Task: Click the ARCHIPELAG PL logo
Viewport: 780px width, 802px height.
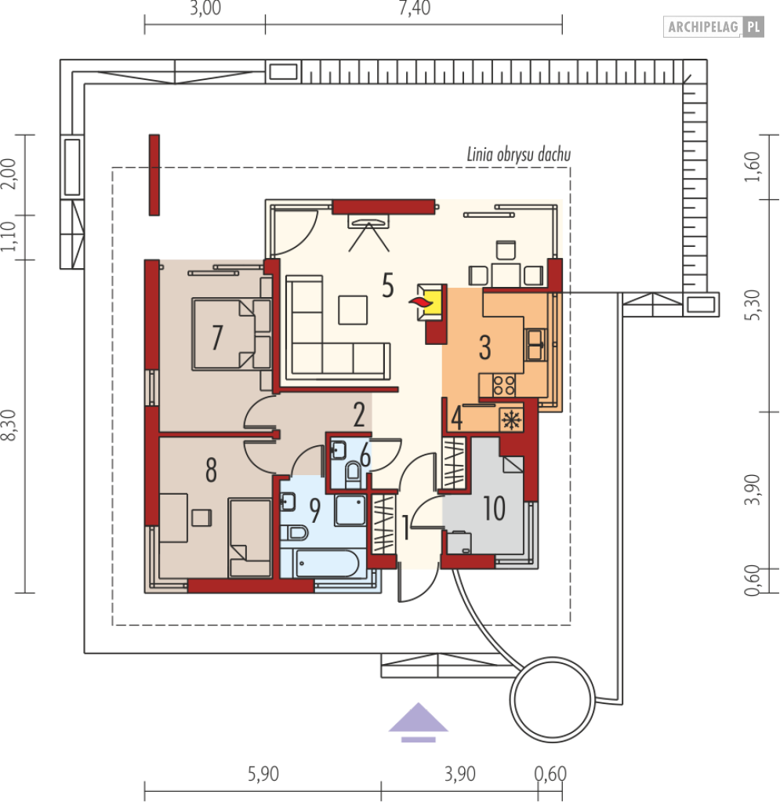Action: pos(713,27)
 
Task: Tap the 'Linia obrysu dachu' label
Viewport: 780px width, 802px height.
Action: pos(519,154)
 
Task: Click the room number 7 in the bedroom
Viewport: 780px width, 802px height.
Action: pos(217,338)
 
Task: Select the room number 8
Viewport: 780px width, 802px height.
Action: pos(211,470)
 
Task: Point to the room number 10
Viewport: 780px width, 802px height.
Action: pos(494,509)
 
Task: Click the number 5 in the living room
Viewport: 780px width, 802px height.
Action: pos(388,285)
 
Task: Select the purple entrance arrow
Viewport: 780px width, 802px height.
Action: pos(419,722)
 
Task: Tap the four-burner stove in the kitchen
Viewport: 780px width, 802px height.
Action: pos(504,386)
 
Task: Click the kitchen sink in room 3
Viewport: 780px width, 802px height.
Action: pos(535,345)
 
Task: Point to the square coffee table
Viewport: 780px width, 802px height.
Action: pos(353,310)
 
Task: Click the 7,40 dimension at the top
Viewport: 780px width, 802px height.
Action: pos(414,8)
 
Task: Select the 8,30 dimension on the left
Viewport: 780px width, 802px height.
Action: pos(9,425)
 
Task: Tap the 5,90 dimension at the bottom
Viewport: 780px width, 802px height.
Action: pos(263,774)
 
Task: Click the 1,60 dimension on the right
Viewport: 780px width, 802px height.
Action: pos(753,167)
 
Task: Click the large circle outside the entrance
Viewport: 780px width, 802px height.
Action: pos(553,700)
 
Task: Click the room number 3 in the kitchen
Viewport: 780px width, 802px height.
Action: pos(485,348)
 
